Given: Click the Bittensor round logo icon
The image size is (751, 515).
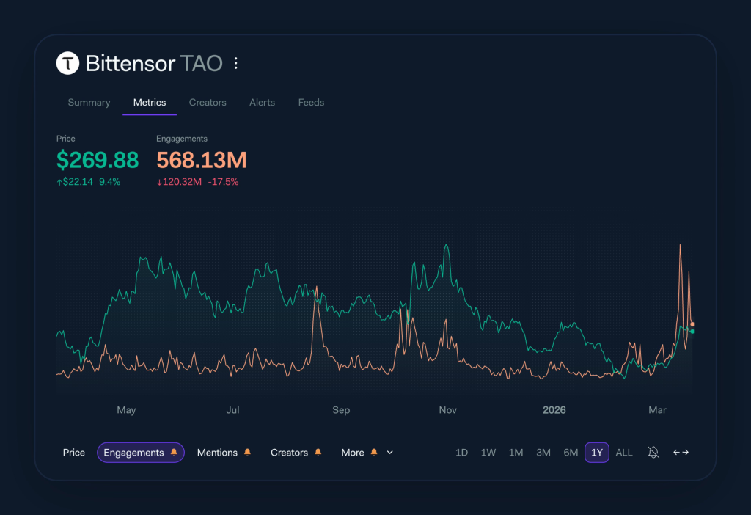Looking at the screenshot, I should [67, 64].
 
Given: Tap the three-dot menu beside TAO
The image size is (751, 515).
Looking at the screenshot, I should [235, 64].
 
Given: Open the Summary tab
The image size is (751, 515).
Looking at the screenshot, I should [89, 103].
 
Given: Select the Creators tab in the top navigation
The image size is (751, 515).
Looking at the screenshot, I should [208, 103].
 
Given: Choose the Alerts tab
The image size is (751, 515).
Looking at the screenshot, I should [262, 103].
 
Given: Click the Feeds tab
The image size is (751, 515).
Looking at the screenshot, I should [311, 103].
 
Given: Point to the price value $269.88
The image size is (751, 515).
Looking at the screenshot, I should [98, 160].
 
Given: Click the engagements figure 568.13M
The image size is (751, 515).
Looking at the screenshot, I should [202, 160].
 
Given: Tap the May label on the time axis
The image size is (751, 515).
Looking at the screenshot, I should [126, 410].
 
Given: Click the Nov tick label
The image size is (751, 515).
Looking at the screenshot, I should [447, 410].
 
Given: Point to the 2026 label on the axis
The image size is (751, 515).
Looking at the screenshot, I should [554, 410].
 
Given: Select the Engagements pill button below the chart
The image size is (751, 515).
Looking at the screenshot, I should [140, 453].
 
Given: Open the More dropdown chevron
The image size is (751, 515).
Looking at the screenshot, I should [389, 453].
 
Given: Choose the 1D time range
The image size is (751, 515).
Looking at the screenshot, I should [461, 453].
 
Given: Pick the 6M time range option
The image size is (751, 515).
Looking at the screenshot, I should [571, 453].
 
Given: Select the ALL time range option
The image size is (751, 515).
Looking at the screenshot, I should [624, 453].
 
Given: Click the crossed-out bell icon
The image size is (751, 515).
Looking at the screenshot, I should [653, 453].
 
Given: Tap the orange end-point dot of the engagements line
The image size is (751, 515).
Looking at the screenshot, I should [692, 324].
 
